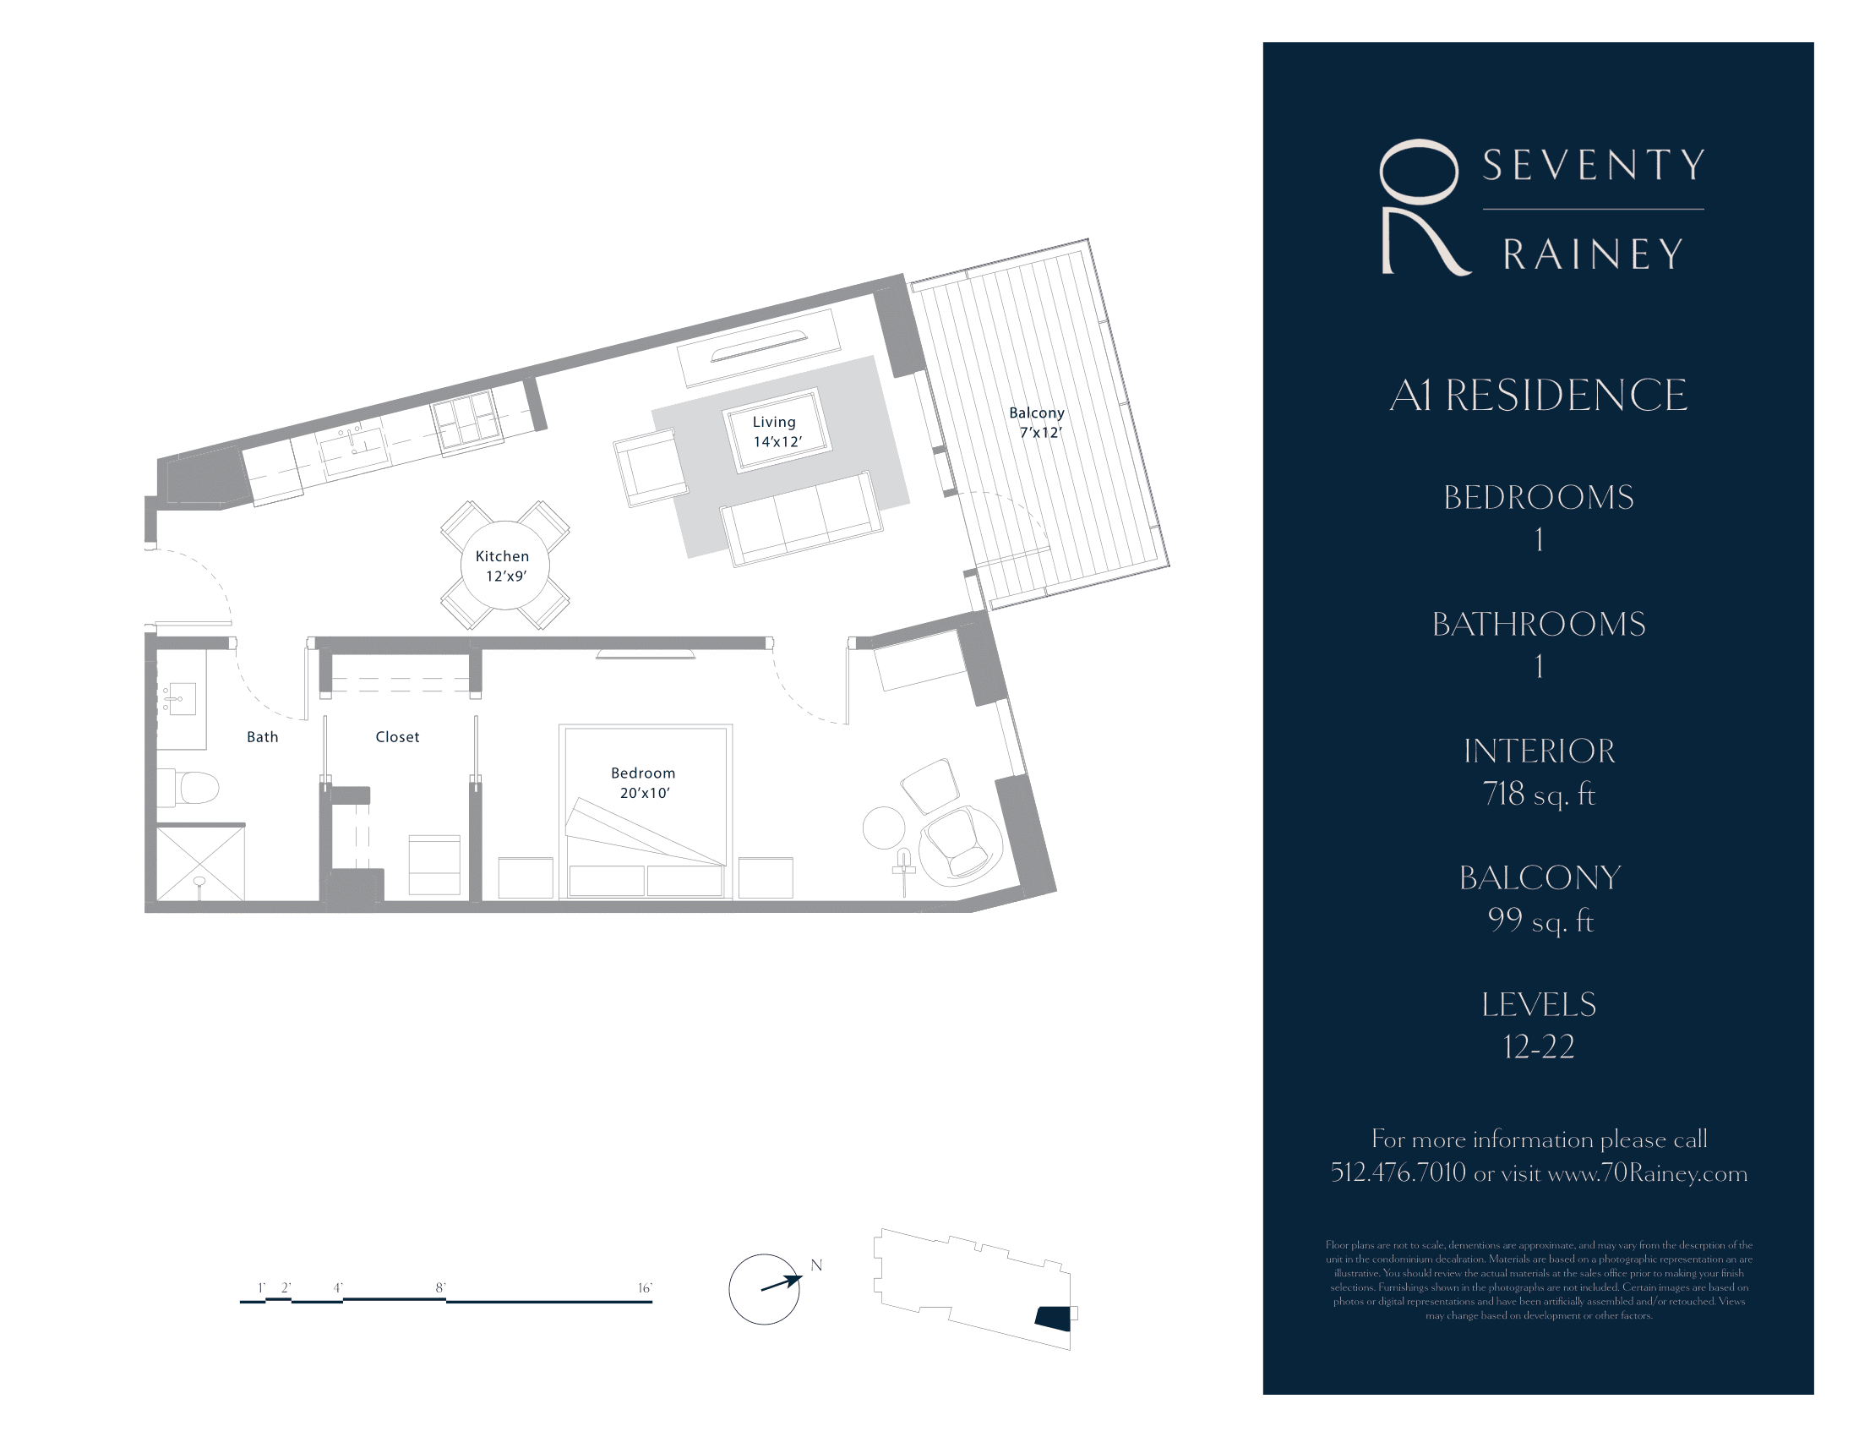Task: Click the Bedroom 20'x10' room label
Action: (x=644, y=783)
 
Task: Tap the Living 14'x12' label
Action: (x=776, y=431)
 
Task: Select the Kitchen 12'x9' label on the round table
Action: (x=503, y=566)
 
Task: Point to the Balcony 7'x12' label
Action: (x=1038, y=423)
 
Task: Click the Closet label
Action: (x=397, y=737)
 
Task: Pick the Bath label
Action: (x=262, y=737)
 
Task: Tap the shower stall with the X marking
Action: (x=201, y=863)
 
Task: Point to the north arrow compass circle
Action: (x=764, y=1289)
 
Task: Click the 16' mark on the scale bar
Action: (x=646, y=1288)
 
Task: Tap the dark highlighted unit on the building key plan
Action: (x=1053, y=1317)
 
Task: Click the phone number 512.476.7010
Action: (x=1398, y=1172)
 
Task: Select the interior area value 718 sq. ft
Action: (x=1538, y=794)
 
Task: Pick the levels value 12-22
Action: (x=1538, y=1046)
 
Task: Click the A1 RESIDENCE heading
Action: (x=1538, y=395)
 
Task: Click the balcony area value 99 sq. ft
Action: (x=1540, y=921)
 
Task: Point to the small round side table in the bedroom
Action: (x=885, y=828)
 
